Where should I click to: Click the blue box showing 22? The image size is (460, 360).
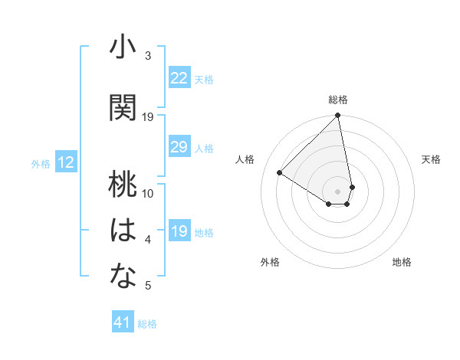pos(179,78)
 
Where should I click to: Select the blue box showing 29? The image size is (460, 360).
pos(179,147)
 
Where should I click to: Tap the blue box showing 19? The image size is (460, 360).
pos(179,232)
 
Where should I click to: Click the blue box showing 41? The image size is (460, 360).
pos(123,322)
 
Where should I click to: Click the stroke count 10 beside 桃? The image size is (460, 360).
pos(148,193)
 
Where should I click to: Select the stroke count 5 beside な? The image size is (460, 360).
pos(147,286)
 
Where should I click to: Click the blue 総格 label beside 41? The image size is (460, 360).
pos(147,323)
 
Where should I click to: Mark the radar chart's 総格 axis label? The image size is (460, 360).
pos(338,100)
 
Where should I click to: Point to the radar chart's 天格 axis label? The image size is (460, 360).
pos(431,159)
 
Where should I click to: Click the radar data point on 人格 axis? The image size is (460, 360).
pos(280,173)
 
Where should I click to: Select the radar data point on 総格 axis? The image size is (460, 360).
pos(337,116)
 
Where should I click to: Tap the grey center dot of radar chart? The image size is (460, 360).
pos(337,191)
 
